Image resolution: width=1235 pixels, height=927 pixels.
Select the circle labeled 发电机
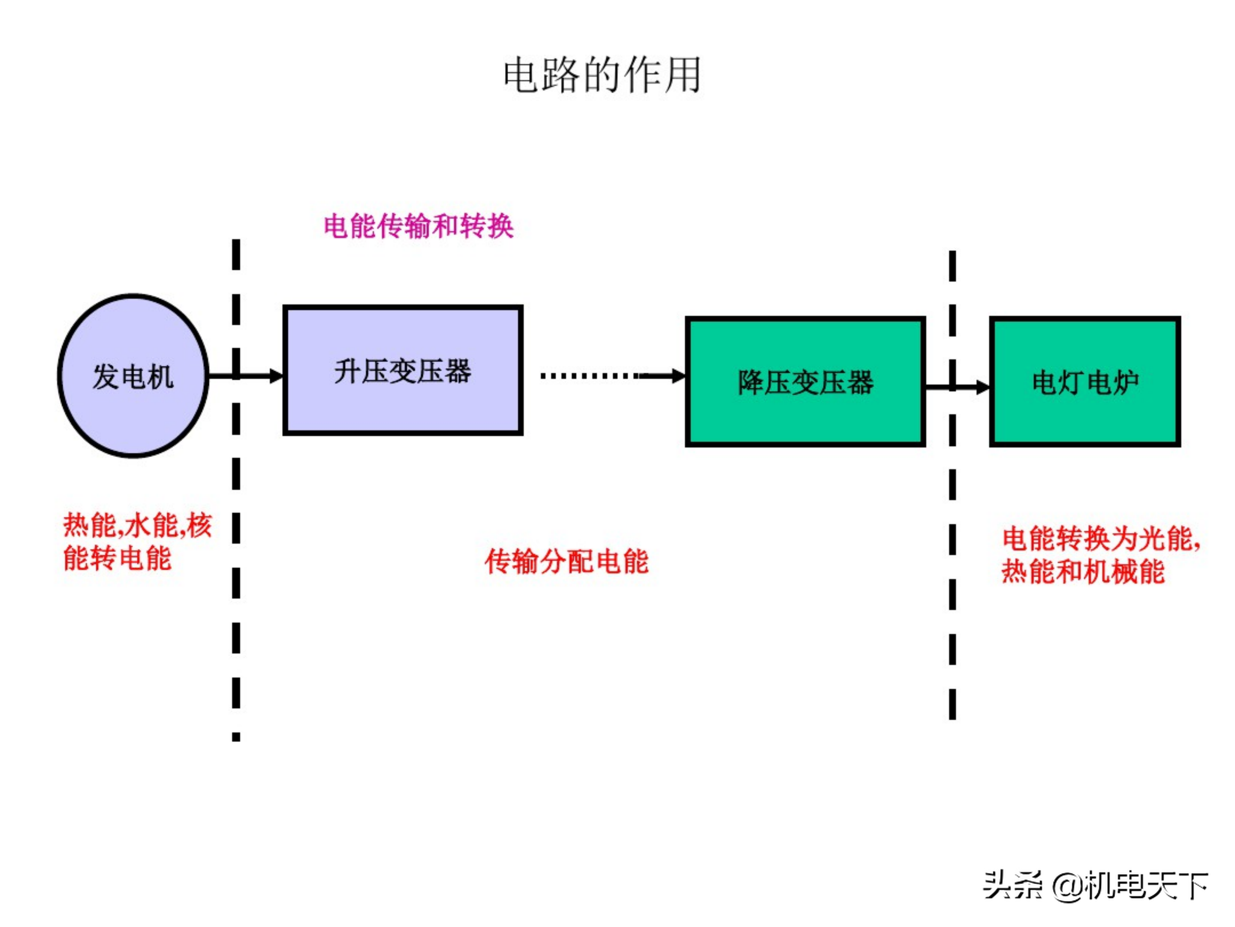(x=133, y=376)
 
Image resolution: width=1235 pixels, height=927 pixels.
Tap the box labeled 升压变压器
(x=403, y=370)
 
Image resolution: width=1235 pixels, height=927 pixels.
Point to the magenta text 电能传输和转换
(x=418, y=226)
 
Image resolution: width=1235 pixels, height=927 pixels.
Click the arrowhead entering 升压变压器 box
(x=276, y=376)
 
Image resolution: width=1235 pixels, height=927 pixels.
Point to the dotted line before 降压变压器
(x=589, y=376)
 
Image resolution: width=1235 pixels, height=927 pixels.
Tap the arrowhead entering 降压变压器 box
(x=678, y=376)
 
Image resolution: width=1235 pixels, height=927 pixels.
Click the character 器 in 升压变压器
(x=458, y=371)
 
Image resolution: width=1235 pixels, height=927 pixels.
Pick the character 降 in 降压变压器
(x=750, y=383)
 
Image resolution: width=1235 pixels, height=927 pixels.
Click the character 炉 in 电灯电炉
(x=1126, y=383)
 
